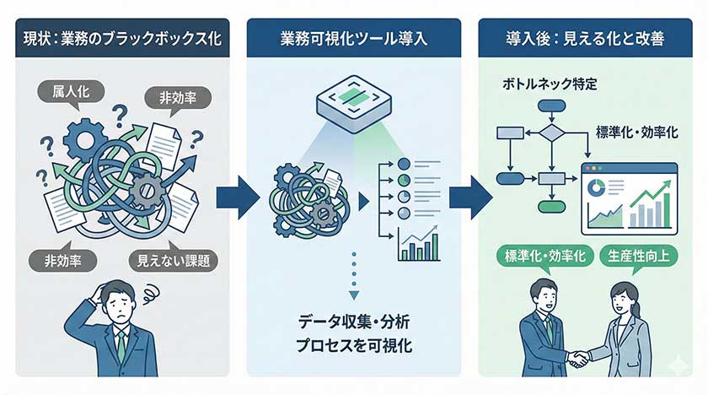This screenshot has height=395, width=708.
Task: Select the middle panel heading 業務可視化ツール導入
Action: click(x=354, y=40)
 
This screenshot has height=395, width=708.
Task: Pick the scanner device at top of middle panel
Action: click(x=353, y=109)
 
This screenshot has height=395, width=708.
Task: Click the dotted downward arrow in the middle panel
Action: click(x=354, y=273)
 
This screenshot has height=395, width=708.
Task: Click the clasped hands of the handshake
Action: click(x=578, y=358)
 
